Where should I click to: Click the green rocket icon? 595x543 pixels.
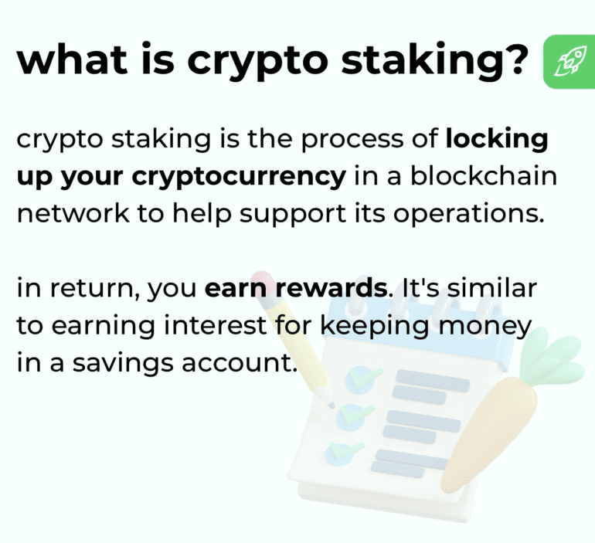pyautogui.click(x=569, y=61)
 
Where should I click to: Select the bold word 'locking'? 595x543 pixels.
pyautogui.click(x=497, y=141)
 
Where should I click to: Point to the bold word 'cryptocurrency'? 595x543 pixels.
pyautogui.click(x=239, y=176)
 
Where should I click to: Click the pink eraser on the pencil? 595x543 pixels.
pyautogui.click(x=263, y=281)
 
